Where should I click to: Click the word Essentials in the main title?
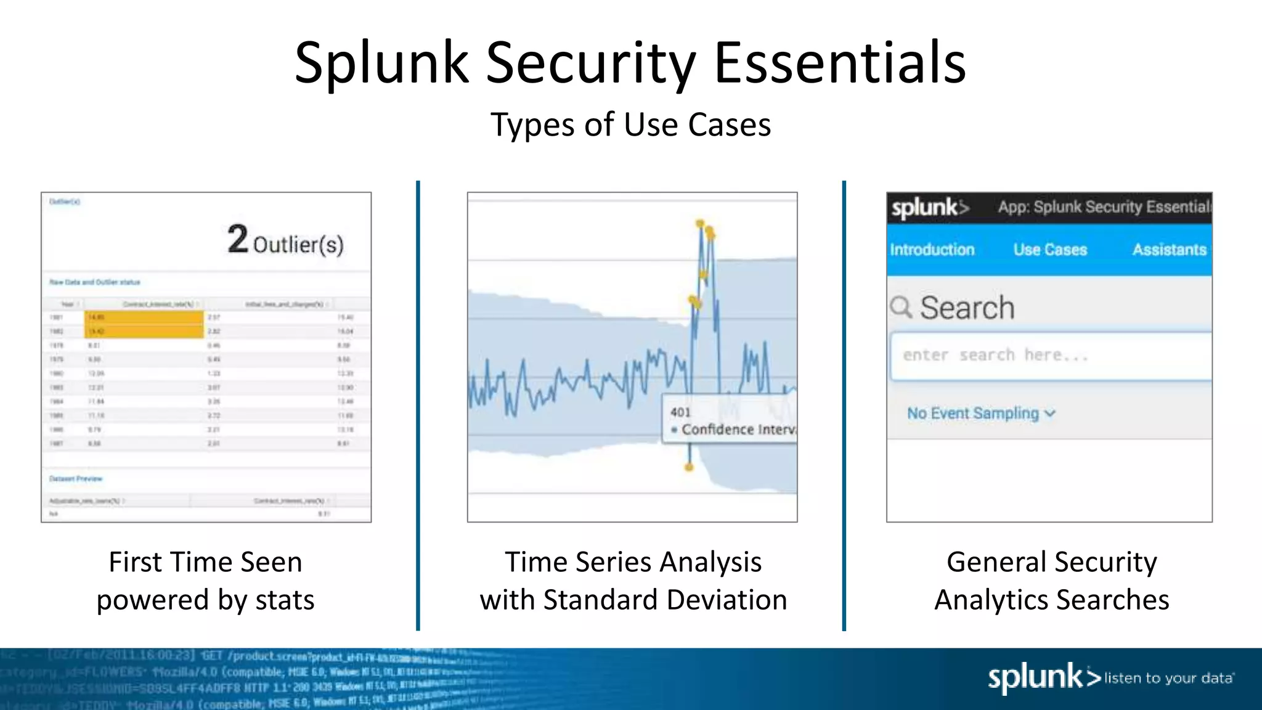pos(839,63)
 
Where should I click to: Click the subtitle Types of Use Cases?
pos(630,124)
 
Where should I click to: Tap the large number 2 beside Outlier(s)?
pos(237,239)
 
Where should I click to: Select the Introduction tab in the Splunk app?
pos(932,250)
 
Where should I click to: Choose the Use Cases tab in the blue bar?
pos(1050,250)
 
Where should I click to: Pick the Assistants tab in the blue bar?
pos(1169,250)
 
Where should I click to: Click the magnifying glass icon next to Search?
pos(901,306)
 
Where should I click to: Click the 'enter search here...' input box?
pos(1050,356)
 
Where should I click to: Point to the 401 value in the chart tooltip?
pos(680,412)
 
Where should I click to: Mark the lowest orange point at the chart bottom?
pos(689,467)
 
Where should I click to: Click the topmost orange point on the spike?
pos(700,223)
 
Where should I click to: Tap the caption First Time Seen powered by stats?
pos(205,581)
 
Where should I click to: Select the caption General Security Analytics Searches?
pos(1051,581)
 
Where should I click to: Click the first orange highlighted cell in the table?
pos(144,317)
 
